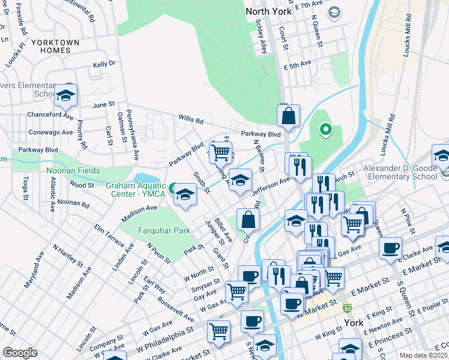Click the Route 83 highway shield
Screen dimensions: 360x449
[x=347, y=308]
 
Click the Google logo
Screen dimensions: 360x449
[x=20, y=353]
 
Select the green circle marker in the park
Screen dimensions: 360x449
[x=325, y=128]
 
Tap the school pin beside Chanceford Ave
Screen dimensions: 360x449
[x=65, y=95]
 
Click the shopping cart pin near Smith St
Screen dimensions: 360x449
[x=221, y=152]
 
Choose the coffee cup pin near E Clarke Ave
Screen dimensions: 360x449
[x=391, y=247]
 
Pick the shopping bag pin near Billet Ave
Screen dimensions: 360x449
[x=248, y=220]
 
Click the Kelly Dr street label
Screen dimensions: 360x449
[x=104, y=64]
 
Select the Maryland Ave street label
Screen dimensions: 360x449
[x=34, y=269]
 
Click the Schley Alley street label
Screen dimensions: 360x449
[x=260, y=38]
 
